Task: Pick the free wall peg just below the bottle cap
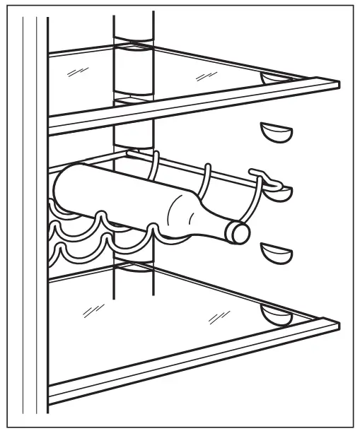point(276,252)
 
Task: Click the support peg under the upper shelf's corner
point(272,79)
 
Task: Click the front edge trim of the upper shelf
point(191,109)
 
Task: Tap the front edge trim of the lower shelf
point(191,361)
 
